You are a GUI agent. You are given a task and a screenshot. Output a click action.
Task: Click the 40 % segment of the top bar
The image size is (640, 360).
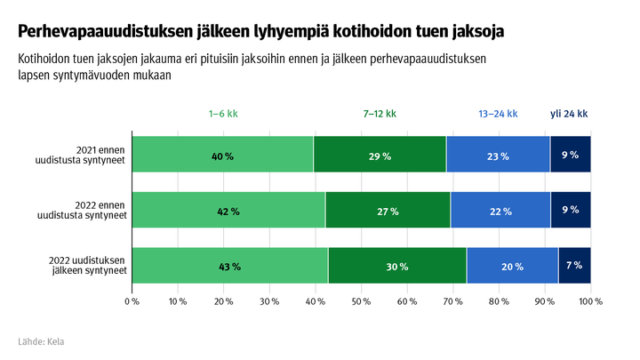[x=222, y=155]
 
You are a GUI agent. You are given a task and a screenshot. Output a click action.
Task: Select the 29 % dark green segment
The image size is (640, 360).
[x=380, y=155]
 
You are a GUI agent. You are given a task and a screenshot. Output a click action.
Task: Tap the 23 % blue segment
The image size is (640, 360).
[x=498, y=155]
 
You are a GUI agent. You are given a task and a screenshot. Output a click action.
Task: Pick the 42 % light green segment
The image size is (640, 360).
[x=228, y=211]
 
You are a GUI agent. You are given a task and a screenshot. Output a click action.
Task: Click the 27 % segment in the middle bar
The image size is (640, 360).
[x=388, y=211]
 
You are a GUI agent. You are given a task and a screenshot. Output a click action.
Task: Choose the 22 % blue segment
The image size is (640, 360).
[x=500, y=211]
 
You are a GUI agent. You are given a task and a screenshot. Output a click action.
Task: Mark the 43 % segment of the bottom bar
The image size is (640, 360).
[x=230, y=266]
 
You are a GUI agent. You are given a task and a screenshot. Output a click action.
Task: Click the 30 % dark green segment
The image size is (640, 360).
[x=397, y=266]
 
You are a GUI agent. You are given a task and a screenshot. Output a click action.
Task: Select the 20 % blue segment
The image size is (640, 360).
[x=512, y=266]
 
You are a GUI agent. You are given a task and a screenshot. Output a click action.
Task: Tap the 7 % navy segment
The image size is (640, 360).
[x=574, y=266]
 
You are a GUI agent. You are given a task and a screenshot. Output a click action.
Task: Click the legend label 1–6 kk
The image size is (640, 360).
[x=223, y=115]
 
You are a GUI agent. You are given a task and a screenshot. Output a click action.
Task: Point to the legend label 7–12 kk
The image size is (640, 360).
[x=380, y=115]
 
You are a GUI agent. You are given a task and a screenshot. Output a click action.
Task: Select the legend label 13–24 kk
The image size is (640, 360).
[x=498, y=115]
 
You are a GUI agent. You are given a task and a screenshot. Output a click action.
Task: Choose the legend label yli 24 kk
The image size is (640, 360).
[x=569, y=115]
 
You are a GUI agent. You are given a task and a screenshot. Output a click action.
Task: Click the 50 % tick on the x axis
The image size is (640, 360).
[x=361, y=302]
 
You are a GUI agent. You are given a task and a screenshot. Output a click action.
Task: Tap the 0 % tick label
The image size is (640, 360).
[x=132, y=302]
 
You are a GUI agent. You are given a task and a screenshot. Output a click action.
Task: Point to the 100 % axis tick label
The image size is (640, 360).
[x=590, y=302]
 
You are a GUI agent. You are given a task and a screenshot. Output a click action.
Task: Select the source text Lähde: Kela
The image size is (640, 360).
[x=41, y=341]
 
